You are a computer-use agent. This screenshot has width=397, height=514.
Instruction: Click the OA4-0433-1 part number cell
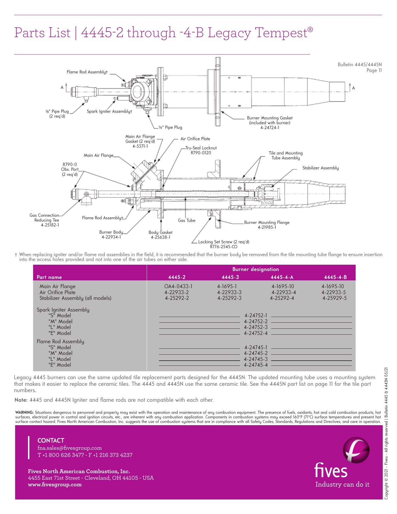click(178, 286)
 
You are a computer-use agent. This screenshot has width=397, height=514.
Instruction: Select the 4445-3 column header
click(230, 277)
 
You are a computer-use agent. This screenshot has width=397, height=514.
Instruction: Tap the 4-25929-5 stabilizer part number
click(334, 298)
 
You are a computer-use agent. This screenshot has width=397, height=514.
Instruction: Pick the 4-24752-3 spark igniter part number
click(256, 327)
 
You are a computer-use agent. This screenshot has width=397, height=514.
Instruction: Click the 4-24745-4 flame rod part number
click(256, 365)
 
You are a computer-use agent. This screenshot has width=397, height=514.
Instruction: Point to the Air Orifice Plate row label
click(57, 292)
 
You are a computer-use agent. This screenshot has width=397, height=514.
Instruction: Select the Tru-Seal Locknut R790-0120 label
click(201, 150)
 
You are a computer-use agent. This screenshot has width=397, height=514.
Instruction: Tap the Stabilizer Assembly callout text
click(321, 168)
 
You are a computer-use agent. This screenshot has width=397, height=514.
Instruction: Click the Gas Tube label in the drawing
click(187, 220)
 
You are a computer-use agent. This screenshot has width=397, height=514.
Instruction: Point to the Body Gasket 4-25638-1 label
click(160, 235)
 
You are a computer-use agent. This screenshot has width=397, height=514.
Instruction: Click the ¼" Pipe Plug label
click(170, 127)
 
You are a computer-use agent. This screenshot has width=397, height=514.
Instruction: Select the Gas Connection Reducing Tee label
click(45, 220)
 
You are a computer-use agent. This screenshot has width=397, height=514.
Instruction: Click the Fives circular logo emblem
click(356, 450)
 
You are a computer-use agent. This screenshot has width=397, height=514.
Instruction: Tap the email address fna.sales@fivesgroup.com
click(70, 448)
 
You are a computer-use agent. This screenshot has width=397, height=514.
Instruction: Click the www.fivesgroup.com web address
click(55, 485)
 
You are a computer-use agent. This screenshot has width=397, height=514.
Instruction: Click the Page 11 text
click(374, 71)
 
